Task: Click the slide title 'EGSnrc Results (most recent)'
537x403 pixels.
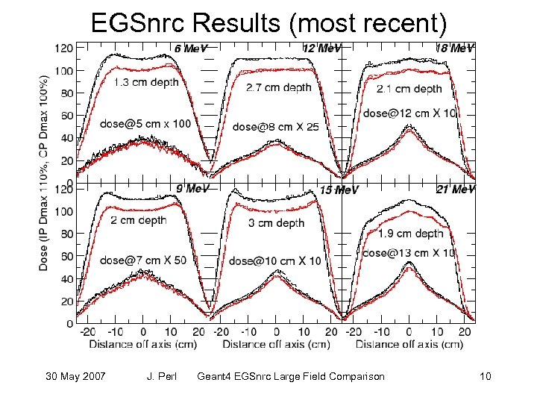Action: [268, 24]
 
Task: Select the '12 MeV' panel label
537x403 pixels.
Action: [322, 49]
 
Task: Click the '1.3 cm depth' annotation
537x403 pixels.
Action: [146, 83]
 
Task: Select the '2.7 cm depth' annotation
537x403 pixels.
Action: [279, 88]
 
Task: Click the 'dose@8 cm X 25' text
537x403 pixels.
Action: [275, 127]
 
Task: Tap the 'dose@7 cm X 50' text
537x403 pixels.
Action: [144, 260]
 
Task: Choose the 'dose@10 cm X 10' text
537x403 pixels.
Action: [275, 260]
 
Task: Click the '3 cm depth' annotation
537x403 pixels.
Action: [276, 223]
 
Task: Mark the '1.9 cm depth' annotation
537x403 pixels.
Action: [411, 234]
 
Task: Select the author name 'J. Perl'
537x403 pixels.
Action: [161, 376]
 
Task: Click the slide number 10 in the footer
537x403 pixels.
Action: [486, 376]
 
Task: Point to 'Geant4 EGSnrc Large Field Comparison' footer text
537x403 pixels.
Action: [290, 376]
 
